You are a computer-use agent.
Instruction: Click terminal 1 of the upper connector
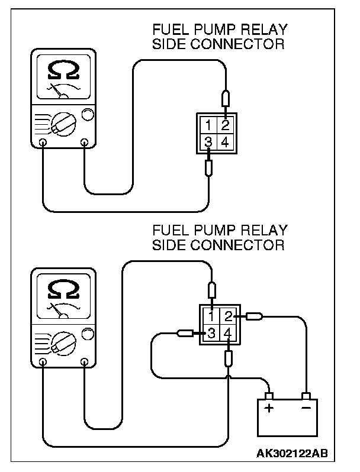210,125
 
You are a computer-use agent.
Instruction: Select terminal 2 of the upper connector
224,125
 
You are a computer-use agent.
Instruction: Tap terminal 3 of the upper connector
210,142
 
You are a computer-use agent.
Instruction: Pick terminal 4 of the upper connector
224,142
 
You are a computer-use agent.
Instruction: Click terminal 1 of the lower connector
212,317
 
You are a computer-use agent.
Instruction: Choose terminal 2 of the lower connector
229,317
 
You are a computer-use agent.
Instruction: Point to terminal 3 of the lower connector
212,334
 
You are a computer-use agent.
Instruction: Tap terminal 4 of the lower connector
229,334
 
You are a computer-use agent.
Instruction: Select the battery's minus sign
306,409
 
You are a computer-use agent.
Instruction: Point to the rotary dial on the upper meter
61,124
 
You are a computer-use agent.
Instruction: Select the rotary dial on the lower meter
61,341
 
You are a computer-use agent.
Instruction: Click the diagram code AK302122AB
291,454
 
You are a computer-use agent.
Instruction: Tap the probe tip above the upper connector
225,98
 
